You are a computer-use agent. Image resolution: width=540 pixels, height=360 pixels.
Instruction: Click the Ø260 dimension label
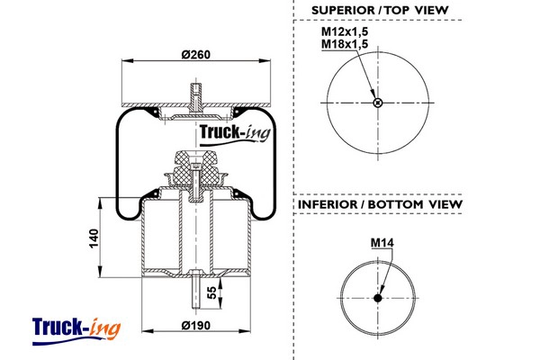tap(195, 54)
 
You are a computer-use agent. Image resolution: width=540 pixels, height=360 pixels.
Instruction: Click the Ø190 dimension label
tap(195, 324)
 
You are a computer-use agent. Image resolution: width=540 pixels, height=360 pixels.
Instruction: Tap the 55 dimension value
tap(212, 292)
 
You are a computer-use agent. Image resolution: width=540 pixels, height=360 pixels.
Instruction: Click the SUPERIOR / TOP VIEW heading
tap(378, 11)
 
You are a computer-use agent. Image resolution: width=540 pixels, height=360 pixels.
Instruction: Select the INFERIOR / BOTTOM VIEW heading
tap(378, 204)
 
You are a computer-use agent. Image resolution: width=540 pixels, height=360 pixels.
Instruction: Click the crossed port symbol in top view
tap(378, 102)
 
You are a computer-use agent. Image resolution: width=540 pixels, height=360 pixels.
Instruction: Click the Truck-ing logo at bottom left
tap(75, 328)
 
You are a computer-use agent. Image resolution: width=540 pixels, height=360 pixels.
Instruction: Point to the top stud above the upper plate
tap(195, 92)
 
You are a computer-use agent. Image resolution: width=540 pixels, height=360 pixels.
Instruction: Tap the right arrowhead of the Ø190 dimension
tap(244, 332)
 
